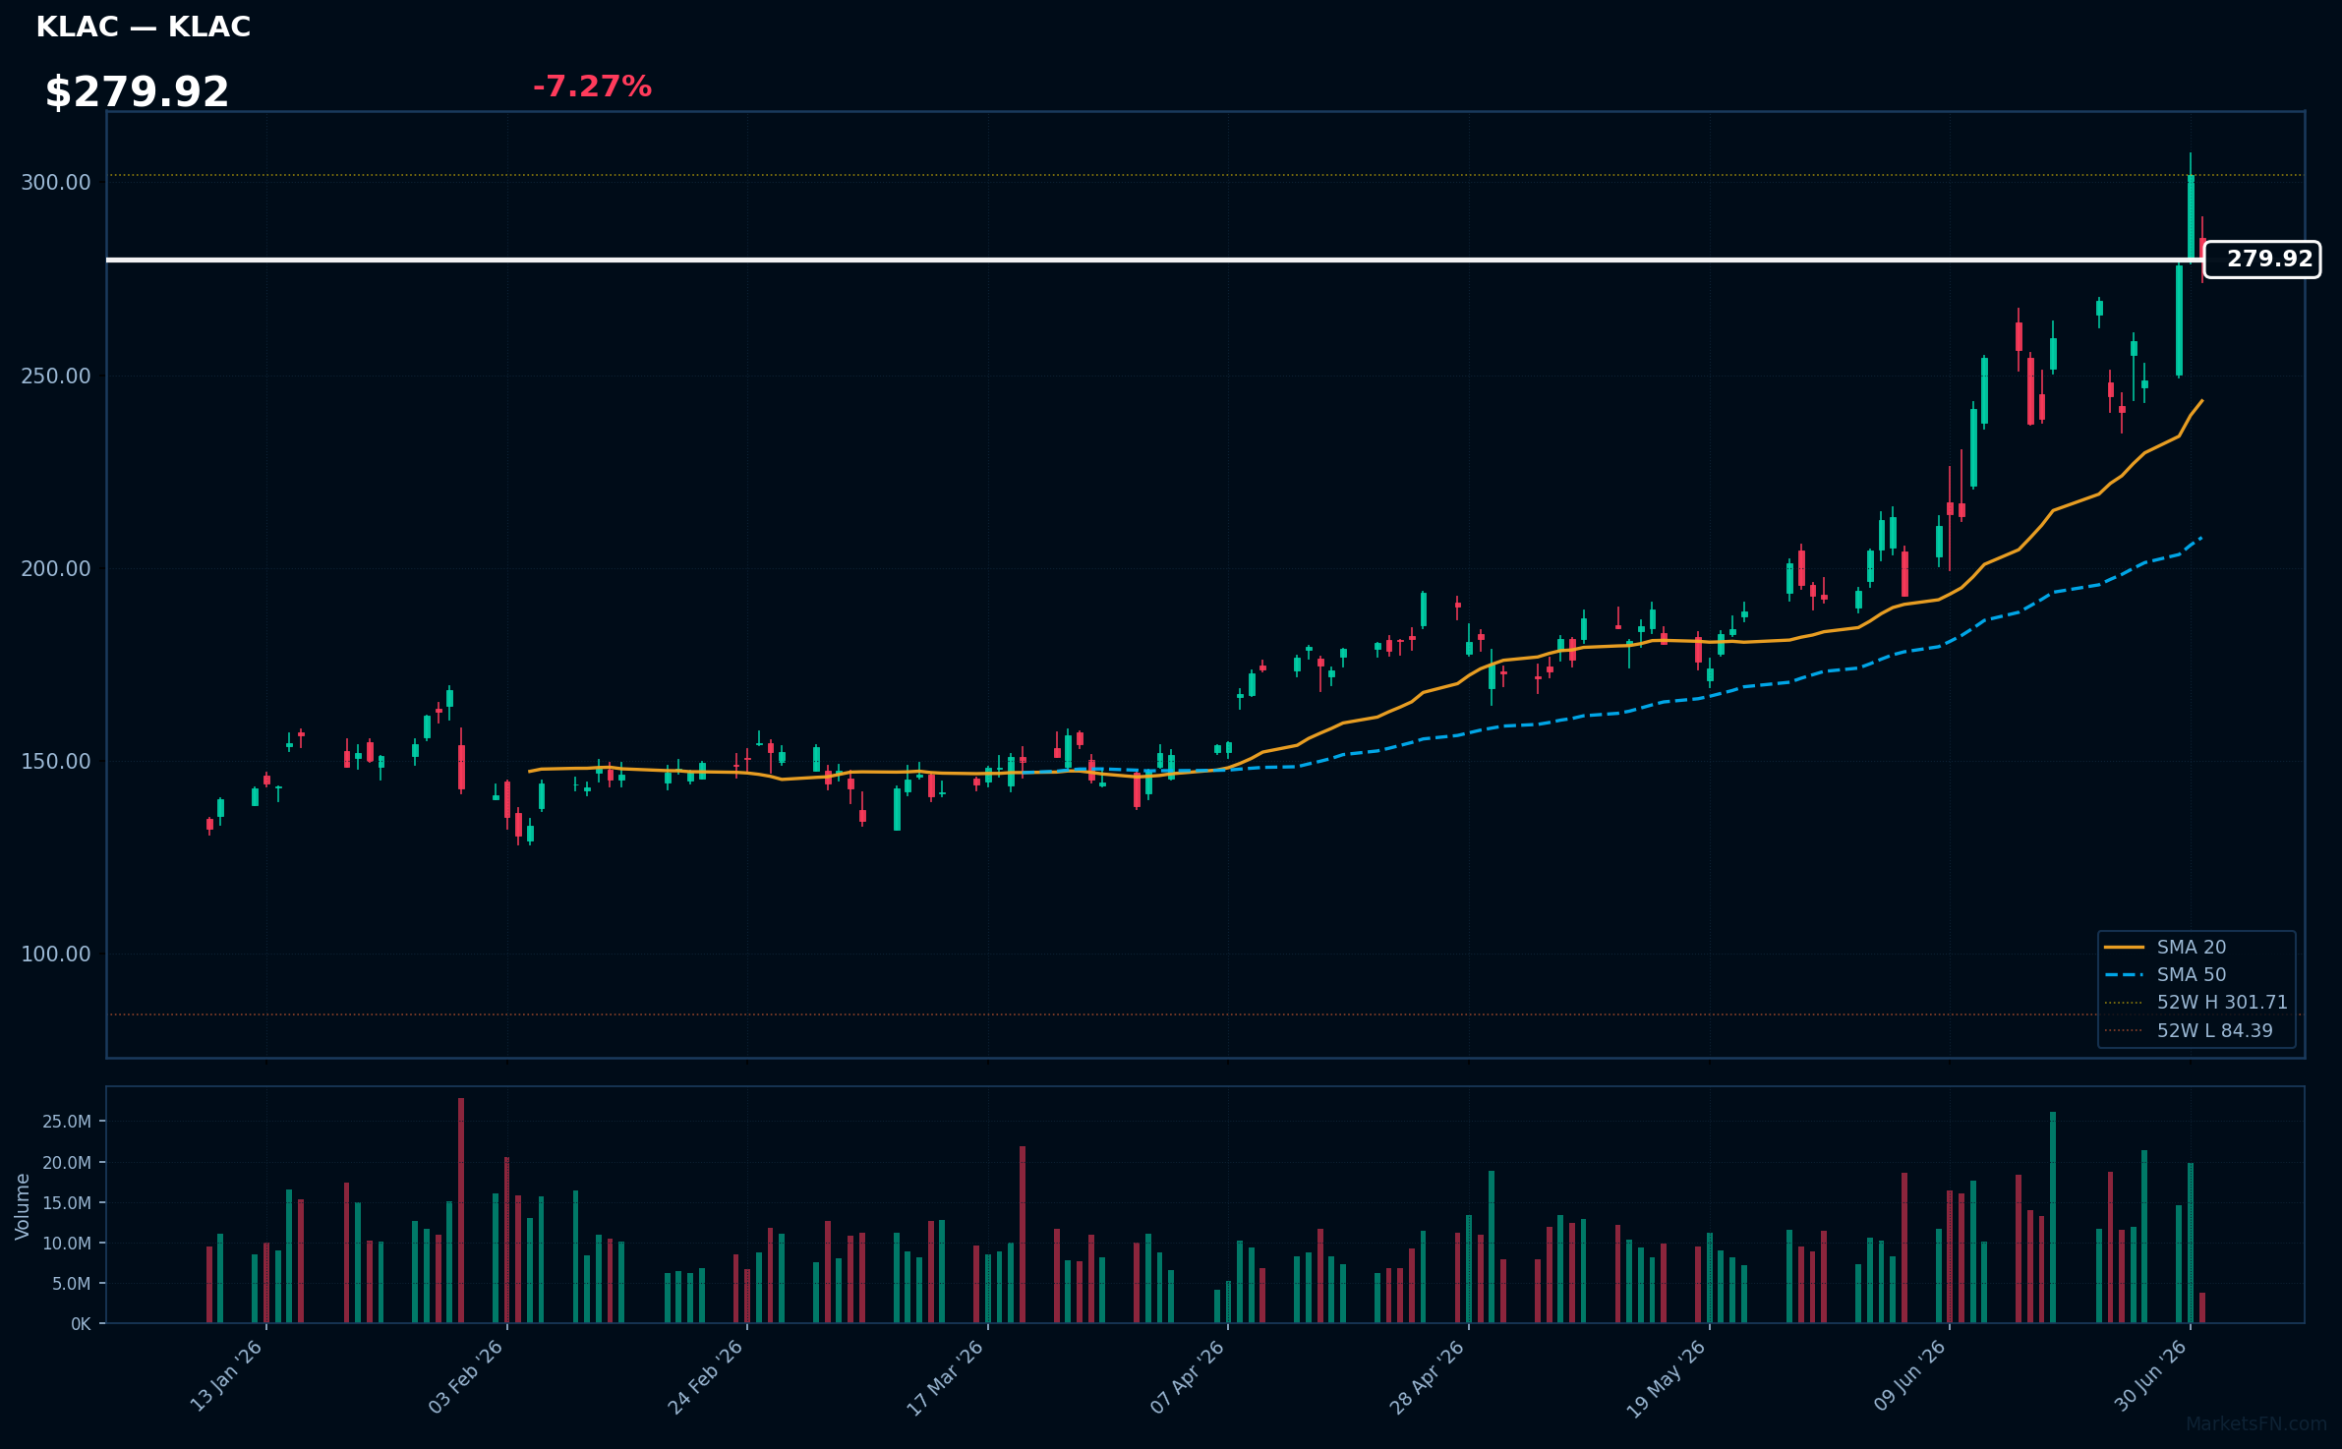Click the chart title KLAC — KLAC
point(144,28)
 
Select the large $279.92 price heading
point(137,92)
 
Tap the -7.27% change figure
point(592,87)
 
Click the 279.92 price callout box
point(2261,260)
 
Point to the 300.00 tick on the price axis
point(56,183)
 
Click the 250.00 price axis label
point(56,377)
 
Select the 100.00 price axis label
point(56,955)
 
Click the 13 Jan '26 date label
point(227,1376)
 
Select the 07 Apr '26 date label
point(1188,1376)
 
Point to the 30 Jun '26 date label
point(2151,1376)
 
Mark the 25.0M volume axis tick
point(67,1122)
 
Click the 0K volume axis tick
point(81,1324)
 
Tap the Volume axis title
point(23,1206)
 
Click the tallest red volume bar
point(461,1211)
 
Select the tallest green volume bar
point(2053,1218)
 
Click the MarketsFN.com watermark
point(2256,1424)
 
